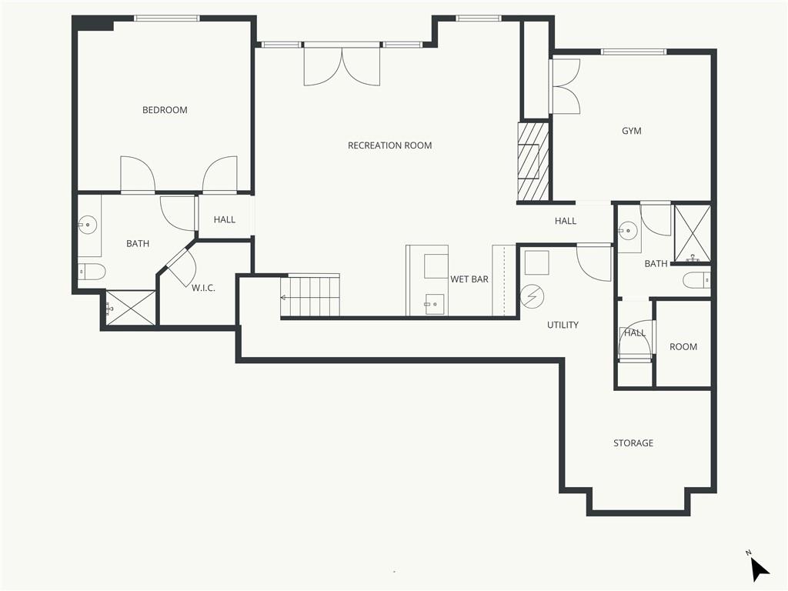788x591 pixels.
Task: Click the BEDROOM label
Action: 165,110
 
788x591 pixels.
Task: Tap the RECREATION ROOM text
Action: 390,145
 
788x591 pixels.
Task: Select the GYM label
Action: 632,131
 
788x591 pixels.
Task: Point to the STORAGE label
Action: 633,442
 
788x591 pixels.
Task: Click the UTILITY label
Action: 563,325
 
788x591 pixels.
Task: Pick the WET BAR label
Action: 469,279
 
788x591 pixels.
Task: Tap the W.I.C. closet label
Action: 203,288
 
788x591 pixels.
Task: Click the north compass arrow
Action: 759,569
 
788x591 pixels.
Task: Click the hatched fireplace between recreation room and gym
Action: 533,162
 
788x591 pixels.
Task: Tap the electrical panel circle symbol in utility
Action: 533,296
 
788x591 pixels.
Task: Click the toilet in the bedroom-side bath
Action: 92,272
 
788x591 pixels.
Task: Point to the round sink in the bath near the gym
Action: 628,231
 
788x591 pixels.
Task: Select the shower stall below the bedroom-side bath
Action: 131,308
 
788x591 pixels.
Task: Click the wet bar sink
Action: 434,304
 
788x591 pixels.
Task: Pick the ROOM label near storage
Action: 683,347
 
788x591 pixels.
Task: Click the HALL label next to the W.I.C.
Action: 225,219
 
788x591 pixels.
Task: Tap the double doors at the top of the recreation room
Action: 342,65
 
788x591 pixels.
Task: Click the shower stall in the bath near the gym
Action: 692,234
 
